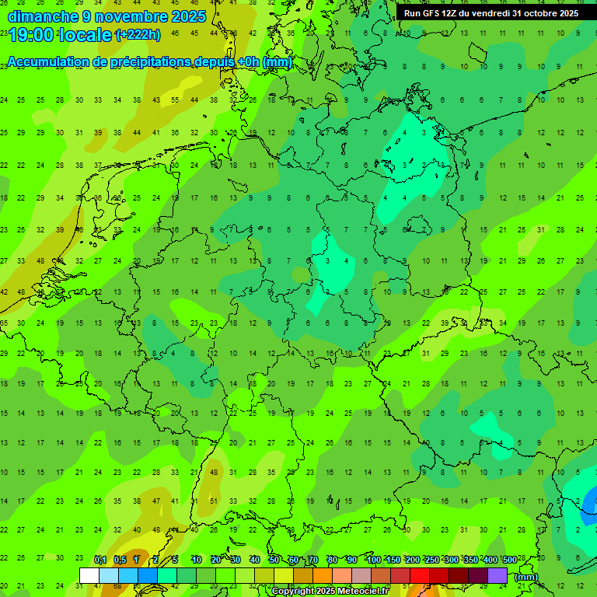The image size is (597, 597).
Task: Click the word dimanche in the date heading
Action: tap(39, 16)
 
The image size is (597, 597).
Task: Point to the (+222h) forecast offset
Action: tap(138, 35)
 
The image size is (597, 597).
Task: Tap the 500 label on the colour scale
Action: tap(510, 560)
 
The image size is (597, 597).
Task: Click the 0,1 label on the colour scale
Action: tap(99, 560)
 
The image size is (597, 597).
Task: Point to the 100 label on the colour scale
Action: tap(374, 560)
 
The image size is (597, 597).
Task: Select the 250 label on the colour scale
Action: tap(432, 560)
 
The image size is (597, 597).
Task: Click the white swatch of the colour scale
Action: tap(89, 575)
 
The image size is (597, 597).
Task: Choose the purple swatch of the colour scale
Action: tap(497, 575)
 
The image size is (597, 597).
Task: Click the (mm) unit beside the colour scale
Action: tap(526, 577)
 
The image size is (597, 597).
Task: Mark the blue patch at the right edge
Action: tap(589, 505)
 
